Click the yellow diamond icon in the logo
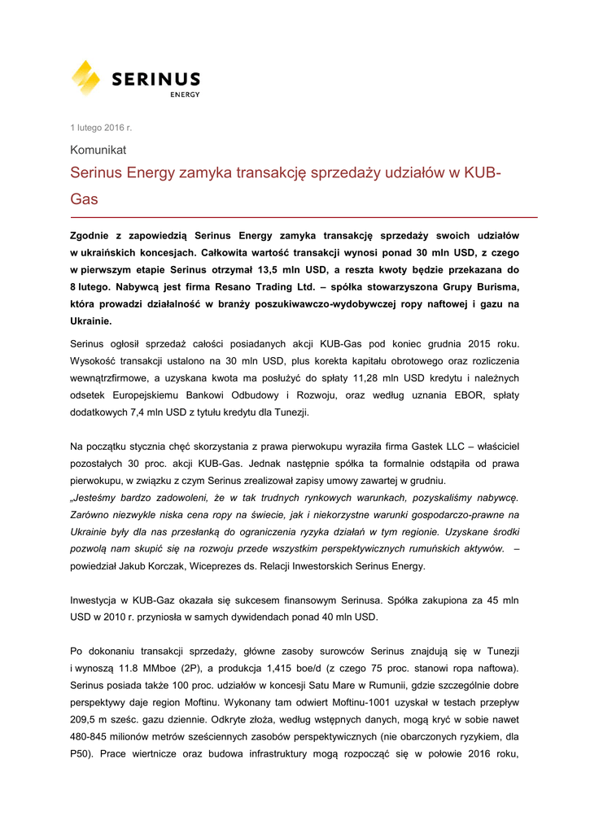coord(86,78)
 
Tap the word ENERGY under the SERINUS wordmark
coord(185,94)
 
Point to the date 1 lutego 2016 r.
coord(101,128)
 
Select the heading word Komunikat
coord(98,150)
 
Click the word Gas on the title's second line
coord(84,198)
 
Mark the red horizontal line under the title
coord(304,218)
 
